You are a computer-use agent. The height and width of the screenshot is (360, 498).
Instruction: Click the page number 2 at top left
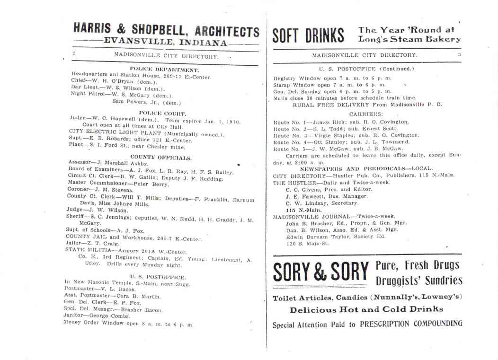click(x=73, y=54)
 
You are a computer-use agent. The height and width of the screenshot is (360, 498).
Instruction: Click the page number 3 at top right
click(x=459, y=55)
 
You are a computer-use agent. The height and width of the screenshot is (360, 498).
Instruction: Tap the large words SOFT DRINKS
click(x=308, y=35)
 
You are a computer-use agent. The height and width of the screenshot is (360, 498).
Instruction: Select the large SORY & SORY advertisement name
click(x=320, y=273)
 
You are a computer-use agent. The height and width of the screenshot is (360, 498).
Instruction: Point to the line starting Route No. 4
click(x=341, y=142)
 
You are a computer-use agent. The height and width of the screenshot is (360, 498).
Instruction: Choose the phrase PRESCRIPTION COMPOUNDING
click(x=411, y=325)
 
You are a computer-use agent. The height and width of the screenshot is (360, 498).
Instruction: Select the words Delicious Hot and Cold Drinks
click(x=366, y=309)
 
